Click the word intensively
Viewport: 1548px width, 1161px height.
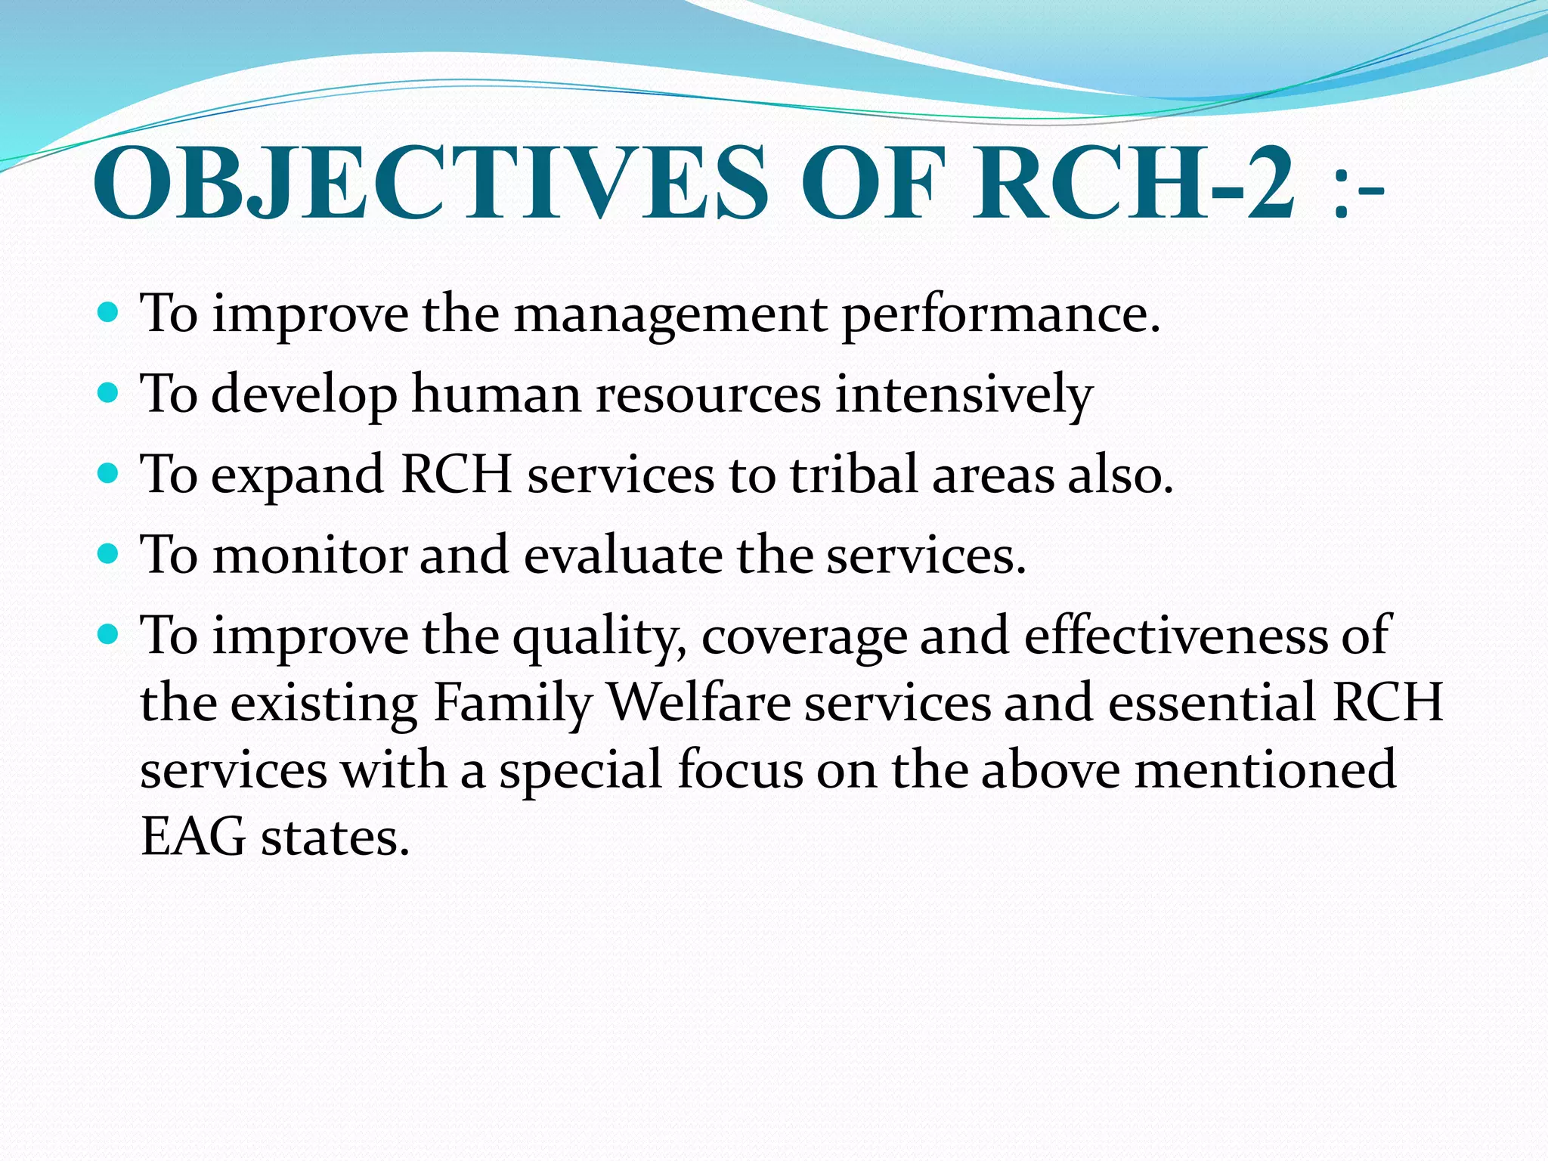coord(964,395)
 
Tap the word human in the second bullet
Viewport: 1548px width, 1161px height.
coord(496,394)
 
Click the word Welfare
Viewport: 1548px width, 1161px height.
coord(699,703)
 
